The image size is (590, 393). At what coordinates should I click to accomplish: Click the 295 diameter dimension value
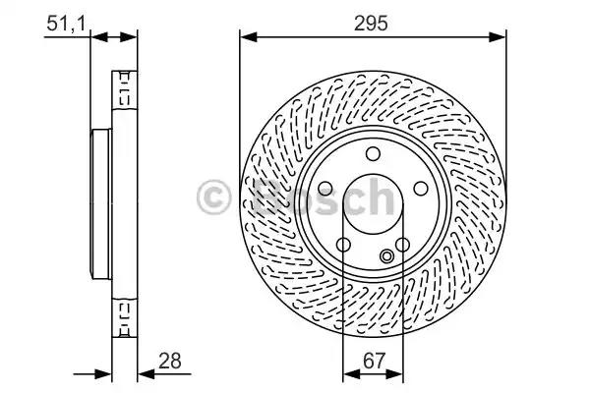point(371,24)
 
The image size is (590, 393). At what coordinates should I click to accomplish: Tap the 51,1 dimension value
point(66,24)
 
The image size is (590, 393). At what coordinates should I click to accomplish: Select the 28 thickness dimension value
point(170,361)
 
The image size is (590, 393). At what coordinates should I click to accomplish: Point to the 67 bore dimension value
point(374,361)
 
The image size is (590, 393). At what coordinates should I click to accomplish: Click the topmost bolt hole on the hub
point(373,154)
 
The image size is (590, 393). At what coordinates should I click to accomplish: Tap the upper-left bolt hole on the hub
point(325,189)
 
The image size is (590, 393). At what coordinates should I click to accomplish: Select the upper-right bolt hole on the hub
point(421,189)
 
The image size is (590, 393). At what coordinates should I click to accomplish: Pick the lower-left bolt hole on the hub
point(343,245)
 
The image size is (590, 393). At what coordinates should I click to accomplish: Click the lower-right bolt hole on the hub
point(402,245)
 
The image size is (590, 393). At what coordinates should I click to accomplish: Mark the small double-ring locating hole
point(386,256)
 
